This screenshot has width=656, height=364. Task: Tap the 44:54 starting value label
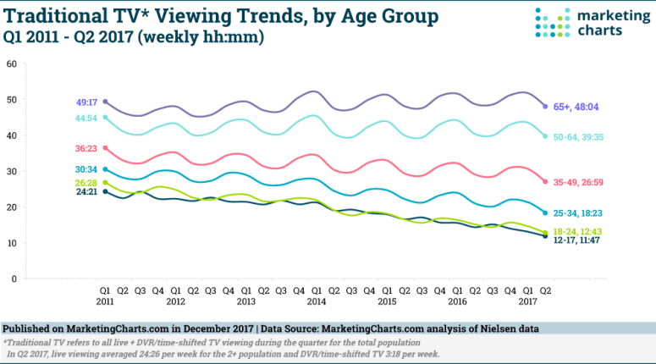86,118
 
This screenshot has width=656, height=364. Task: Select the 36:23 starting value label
86,148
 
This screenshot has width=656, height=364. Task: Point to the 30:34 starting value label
86,169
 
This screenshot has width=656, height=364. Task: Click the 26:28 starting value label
86,181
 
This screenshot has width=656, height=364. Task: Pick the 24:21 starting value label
86,192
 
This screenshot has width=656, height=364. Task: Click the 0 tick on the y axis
14,279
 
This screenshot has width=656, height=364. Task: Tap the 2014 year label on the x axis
315,301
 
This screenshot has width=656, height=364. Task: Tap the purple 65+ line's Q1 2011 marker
105,102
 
